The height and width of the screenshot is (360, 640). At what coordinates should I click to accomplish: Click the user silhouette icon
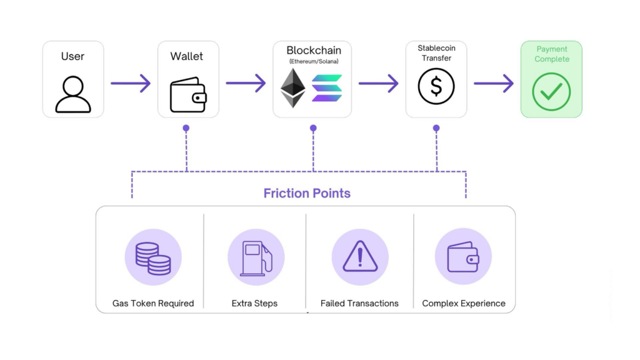tap(73, 94)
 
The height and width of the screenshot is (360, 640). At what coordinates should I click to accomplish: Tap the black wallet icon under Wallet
tap(188, 94)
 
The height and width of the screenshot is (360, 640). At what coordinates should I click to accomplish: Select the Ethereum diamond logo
tap(293, 88)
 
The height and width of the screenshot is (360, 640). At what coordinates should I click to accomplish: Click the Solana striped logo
tap(327, 88)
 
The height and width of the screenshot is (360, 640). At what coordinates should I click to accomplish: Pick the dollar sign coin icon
tap(436, 87)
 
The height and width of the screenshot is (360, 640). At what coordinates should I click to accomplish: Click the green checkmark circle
tap(551, 92)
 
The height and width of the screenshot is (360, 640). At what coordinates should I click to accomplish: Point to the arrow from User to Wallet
tap(131, 83)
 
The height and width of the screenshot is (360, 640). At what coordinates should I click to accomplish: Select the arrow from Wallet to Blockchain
tap(246, 83)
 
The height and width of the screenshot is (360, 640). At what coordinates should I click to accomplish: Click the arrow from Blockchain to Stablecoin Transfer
tap(378, 83)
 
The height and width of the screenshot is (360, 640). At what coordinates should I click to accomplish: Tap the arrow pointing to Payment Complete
tap(493, 83)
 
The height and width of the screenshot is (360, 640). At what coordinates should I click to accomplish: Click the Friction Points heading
tap(307, 193)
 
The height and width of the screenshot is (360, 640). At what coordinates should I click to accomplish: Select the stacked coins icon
tap(153, 257)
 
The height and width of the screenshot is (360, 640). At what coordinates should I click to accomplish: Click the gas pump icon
tap(256, 257)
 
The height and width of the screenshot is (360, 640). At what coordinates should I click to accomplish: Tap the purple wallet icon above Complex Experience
tap(463, 257)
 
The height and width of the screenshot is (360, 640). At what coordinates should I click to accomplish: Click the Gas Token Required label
tap(153, 303)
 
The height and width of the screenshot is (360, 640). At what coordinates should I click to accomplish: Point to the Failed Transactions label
tap(359, 303)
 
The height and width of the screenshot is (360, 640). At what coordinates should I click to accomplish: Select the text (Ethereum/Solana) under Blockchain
tap(312, 61)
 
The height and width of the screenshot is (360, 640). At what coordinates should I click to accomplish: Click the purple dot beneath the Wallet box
tap(186, 128)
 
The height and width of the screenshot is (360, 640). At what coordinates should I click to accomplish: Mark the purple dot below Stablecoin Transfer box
tap(436, 128)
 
